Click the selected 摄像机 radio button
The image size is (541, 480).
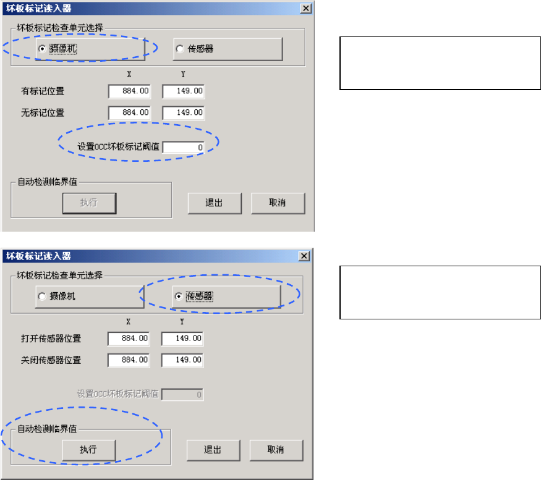tap(42, 49)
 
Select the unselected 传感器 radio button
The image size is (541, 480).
tap(180, 49)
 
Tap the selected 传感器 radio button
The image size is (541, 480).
tap(179, 297)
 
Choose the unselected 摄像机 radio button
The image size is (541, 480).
tap(42, 297)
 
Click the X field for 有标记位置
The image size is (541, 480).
tap(129, 92)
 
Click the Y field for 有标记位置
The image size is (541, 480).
tap(183, 92)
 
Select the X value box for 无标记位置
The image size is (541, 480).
tap(129, 113)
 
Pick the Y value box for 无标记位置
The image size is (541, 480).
tap(183, 113)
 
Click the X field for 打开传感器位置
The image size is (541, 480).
tap(128, 339)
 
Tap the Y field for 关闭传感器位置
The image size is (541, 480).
tap(182, 360)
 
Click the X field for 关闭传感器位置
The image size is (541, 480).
tap(128, 360)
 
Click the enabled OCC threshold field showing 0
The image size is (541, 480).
tap(184, 147)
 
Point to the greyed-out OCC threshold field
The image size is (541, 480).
tap(182, 394)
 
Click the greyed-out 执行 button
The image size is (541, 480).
tap(89, 203)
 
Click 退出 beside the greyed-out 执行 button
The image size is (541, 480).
tap(214, 203)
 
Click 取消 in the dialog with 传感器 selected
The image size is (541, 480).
tap(276, 450)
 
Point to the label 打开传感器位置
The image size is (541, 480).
tap(51, 339)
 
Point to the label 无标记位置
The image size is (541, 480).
tap(43, 113)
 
